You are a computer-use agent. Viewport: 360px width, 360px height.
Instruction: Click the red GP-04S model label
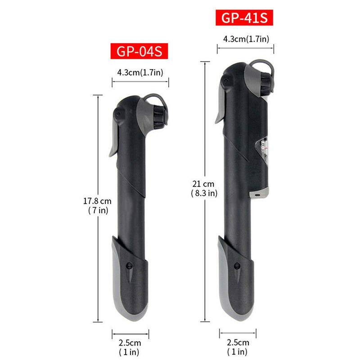click(x=139, y=51)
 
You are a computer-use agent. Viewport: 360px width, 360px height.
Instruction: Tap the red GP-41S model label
click(x=244, y=18)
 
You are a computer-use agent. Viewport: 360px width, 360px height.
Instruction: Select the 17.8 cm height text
click(x=97, y=201)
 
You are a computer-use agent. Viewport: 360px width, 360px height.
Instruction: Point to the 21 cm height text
click(x=203, y=184)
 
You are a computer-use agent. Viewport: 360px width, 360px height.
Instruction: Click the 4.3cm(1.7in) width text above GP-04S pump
click(x=140, y=72)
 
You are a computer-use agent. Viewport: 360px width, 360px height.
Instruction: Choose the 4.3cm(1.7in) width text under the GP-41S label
click(x=246, y=39)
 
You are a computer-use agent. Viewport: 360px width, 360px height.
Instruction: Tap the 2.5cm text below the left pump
click(x=130, y=343)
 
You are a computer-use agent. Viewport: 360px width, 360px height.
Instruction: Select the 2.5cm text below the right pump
click(x=238, y=342)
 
